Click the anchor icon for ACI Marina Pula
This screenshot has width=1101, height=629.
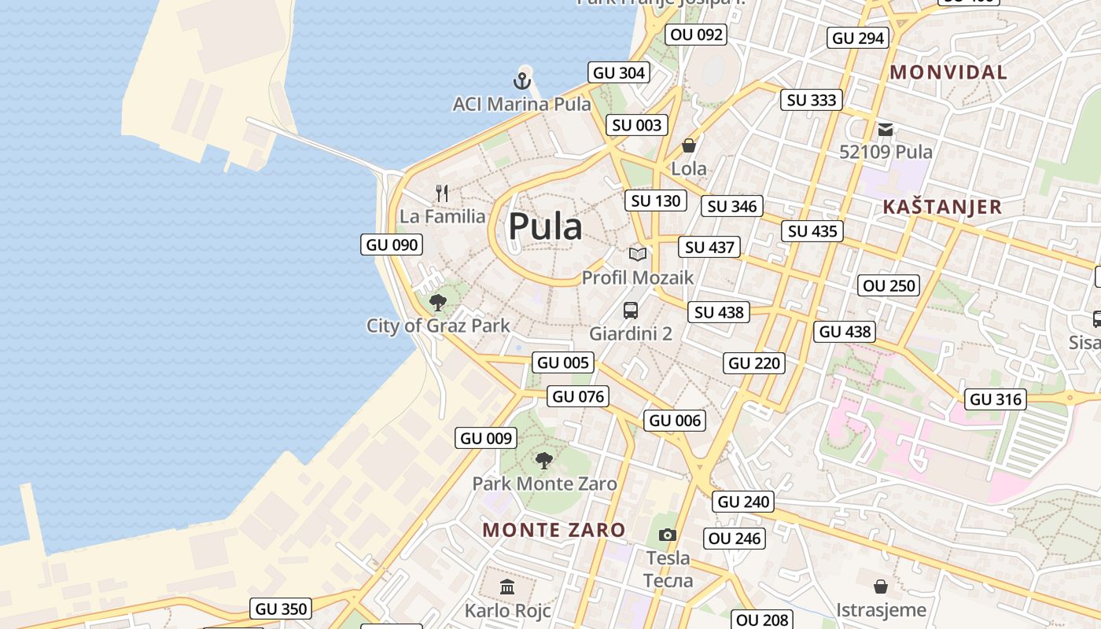522,80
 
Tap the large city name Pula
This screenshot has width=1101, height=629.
545,227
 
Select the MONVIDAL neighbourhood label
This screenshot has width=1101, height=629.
948,72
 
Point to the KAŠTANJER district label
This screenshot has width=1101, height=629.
942,207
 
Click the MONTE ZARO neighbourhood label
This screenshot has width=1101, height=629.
554,530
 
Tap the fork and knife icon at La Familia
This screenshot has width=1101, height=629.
442,193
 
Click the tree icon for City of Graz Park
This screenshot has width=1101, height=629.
438,302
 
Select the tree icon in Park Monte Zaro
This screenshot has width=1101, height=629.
543,460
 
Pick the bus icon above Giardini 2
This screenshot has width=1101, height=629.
631,310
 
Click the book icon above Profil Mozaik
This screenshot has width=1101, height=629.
638,254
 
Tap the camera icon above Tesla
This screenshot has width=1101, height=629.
668,535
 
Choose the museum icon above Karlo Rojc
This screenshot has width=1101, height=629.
507,587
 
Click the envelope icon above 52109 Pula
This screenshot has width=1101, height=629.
886,129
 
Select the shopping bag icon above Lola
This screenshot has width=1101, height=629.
689,145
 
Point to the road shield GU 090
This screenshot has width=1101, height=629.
392,245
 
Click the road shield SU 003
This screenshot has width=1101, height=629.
637,125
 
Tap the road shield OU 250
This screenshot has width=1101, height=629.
889,285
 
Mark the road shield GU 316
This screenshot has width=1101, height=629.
996,399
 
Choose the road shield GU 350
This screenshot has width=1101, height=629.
282,609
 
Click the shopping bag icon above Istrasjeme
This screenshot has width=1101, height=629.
881,587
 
